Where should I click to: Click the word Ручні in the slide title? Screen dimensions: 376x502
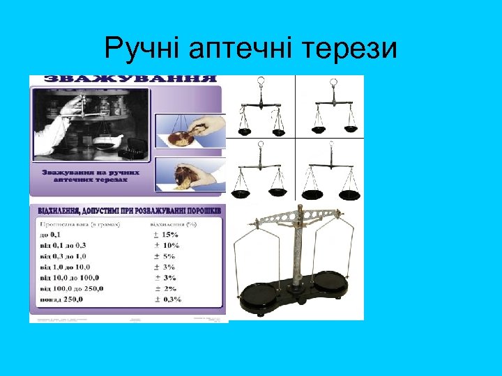[142, 49]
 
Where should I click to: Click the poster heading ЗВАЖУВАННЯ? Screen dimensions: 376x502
[130, 79]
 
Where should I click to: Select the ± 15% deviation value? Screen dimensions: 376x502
[165, 235]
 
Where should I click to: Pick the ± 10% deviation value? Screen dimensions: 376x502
[165, 245]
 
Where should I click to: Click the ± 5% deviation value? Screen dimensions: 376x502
[164, 256]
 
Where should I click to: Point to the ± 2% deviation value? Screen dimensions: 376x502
[164, 288]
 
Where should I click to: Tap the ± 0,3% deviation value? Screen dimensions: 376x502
[167, 299]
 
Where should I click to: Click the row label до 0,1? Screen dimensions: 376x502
[50, 235]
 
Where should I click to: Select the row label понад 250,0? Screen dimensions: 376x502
[61, 299]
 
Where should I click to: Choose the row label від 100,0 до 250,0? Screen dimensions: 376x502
[72, 288]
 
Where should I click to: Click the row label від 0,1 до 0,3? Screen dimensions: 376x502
[63, 245]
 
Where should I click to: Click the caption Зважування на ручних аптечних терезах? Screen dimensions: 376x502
[91, 176]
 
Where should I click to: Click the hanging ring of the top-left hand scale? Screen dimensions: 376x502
[260, 81]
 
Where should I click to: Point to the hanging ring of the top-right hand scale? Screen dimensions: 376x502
[331, 81]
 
